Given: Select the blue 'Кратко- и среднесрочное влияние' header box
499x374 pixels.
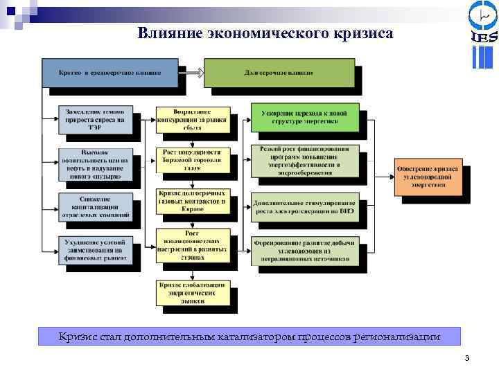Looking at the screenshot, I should (x=110, y=73).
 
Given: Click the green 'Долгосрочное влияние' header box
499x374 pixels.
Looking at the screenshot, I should (x=279, y=73).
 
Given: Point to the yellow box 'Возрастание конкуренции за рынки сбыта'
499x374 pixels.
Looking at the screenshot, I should (x=188, y=118).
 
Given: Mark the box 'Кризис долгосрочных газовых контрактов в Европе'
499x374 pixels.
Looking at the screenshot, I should (x=188, y=201).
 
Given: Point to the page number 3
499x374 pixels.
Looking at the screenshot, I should (x=467, y=358).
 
